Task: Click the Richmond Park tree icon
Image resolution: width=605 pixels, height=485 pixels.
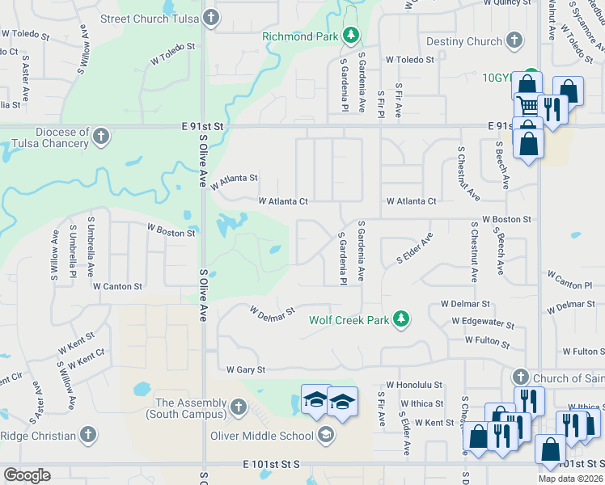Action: pyautogui.click(x=351, y=36)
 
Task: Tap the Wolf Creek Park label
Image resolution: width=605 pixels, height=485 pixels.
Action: pyautogui.click(x=349, y=320)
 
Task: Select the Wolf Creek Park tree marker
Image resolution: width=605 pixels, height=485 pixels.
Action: pyautogui.click(x=400, y=320)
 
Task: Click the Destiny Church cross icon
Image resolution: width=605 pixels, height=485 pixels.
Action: pyautogui.click(x=514, y=41)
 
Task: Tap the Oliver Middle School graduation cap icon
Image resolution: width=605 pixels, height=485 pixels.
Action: pyautogui.click(x=325, y=436)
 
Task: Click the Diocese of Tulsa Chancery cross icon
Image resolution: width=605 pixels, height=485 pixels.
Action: pyautogui.click(x=100, y=137)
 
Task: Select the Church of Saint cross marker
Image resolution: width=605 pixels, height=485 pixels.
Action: pyautogui.click(x=520, y=377)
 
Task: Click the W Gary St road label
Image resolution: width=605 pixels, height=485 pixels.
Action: pyautogui.click(x=246, y=369)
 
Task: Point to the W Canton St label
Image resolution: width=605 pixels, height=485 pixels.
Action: pyautogui.click(x=117, y=286)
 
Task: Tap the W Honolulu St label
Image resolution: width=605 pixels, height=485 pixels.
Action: pyautogui.click(x=414, y=386)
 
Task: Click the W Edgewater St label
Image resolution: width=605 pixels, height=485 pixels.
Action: pyautogui.click(x=483, y=323)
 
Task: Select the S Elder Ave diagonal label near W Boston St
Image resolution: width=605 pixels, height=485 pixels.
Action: pyautogui.click(x=414, y=249)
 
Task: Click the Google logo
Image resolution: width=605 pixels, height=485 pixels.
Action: pyautogui.click(x=27, y=475)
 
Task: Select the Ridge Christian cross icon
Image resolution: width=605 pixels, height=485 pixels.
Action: pyautogui.click(x=87, y=436)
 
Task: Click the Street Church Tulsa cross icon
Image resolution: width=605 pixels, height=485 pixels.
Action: pyautogui.click(x=210, y=18)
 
